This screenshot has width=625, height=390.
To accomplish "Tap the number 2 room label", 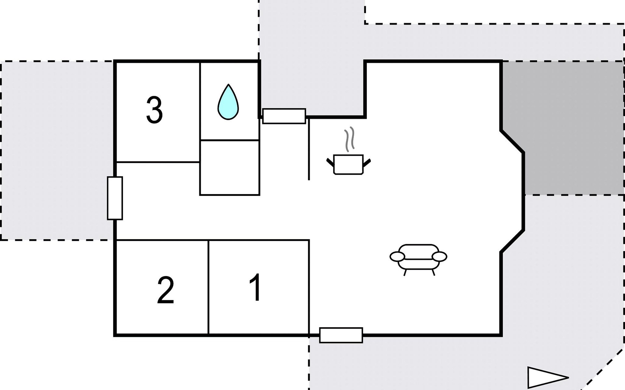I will [165, 290].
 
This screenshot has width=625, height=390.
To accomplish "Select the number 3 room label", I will [154, 110].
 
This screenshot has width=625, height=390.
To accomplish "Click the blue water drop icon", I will [228, 102].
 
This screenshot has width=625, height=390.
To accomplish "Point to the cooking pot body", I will [348, 164].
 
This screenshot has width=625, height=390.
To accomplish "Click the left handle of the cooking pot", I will [330, 162].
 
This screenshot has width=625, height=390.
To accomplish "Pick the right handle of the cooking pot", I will [367, 162].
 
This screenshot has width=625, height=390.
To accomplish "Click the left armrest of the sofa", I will [397, 257].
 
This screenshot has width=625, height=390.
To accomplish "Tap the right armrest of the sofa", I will [439, 257].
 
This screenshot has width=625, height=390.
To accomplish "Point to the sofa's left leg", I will [405, 272].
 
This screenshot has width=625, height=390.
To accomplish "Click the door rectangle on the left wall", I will [115, 198].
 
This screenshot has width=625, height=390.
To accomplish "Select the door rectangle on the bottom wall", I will [341, 335].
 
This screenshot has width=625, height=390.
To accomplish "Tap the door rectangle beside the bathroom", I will [284, 116].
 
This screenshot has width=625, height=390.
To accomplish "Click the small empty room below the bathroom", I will [229, 167].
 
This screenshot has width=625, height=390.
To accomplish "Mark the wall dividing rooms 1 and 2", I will [208, 288].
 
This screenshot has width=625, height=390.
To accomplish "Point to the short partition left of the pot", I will [309, 149].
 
